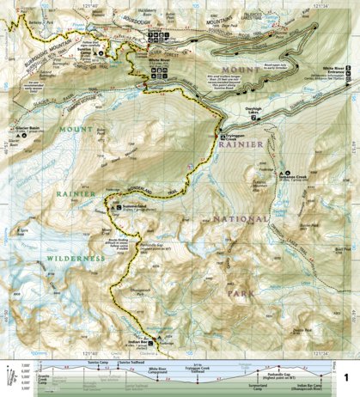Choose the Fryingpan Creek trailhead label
(x=238, y=137)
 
